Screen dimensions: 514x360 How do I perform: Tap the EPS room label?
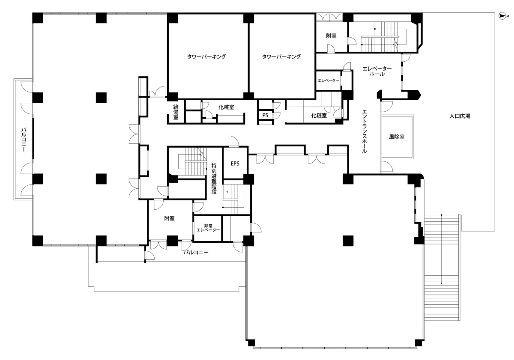point(235,164)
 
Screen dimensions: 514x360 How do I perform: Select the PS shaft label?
point(265,115)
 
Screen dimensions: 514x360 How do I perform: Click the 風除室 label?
point(397,137)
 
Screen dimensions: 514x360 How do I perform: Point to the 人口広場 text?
point(460,116)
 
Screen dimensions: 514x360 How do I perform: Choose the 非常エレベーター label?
point(208,228)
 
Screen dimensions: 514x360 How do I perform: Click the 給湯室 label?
point(176,112)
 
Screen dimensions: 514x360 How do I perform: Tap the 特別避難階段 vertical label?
point(214,179)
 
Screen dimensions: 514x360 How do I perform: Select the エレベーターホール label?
point(377,71)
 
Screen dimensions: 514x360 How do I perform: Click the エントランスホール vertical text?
point(364,131)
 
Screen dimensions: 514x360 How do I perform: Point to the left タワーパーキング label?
point(206,57)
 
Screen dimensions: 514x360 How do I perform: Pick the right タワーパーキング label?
point(281,57)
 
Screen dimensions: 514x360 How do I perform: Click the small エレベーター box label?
point(329,80)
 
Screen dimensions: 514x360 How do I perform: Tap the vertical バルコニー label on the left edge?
point(24,140)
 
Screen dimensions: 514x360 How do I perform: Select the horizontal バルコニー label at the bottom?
point(196,253)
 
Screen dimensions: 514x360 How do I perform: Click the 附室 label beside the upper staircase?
point(331,36)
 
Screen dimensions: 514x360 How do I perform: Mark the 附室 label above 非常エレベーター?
point(169,218)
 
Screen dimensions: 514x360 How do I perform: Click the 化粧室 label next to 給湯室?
point(226,107)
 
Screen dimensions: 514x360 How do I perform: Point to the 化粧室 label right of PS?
point(319,116)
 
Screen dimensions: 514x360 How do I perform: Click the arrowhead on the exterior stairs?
point(441,283)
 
